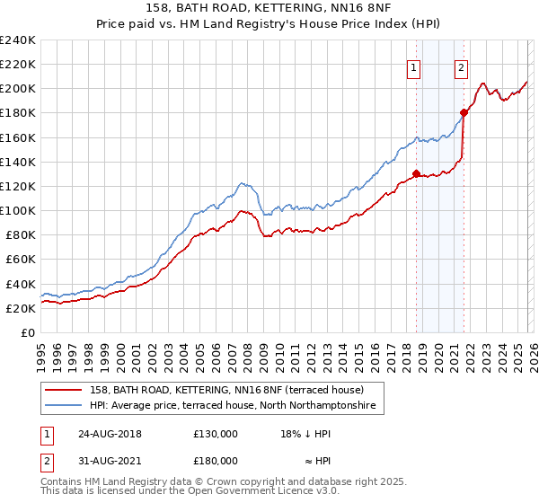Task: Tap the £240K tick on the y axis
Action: [x=18, y=40]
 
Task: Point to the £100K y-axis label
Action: [x=18, y=210]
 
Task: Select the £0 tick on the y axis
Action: [x=27, y=332]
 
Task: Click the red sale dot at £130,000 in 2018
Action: [x=416, y=173]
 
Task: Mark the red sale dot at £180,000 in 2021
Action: [x=464, y=112]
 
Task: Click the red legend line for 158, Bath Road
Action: [x=65, y=391]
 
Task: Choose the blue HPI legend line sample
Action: [x=65, y=407]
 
